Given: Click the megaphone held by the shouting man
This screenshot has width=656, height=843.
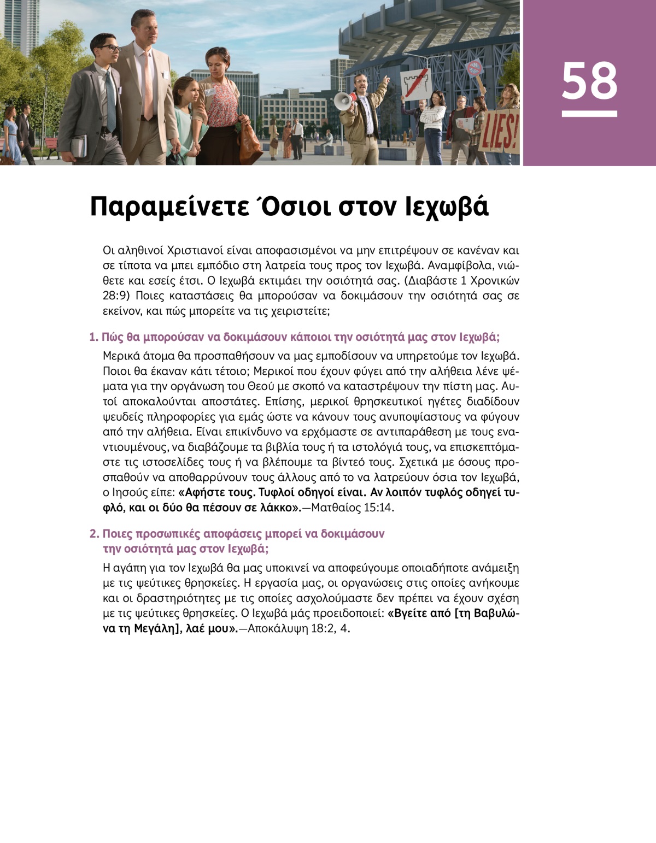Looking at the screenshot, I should pos(343,101).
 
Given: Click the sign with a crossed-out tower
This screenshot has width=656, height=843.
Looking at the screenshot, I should pos(417,84).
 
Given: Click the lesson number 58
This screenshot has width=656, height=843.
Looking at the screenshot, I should pos(589,81).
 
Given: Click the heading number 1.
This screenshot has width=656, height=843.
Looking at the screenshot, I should pos(93,337).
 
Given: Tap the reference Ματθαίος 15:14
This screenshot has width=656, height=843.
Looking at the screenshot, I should pos(353,508).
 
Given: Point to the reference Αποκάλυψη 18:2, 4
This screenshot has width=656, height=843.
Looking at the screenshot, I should pos(298,628).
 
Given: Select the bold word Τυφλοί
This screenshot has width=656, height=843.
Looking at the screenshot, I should pos(278,492).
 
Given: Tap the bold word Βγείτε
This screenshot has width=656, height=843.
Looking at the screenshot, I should pos(410,613).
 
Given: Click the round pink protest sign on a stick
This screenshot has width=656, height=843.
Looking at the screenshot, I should pos(475,68).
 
